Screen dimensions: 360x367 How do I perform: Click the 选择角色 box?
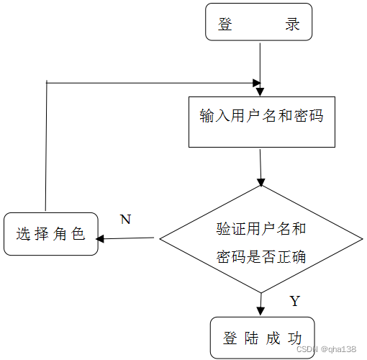(x=50, y=233)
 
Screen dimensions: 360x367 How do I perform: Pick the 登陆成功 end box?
(x=262, y=337)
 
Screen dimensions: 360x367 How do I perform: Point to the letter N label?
(x=125, y=220)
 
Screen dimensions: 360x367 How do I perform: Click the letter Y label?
(x=294, y=301)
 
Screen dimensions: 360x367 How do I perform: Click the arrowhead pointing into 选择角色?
(x=101, y=238)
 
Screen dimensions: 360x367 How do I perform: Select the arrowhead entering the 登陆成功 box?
(x=260, y=311)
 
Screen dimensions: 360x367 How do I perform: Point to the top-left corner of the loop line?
(x=47, y=82)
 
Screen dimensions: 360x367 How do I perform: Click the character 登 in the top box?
(x=225, y=24)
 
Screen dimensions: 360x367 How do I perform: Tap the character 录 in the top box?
(x=292, y=24)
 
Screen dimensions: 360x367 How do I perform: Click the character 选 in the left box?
(x=23, y=234)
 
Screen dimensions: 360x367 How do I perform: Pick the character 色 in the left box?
(x=78, y=234)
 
